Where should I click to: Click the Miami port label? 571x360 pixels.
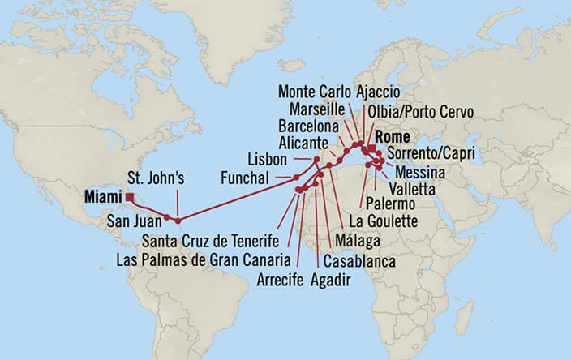coord(103,196)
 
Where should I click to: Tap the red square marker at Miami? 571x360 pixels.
coord(130,196)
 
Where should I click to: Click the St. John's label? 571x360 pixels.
coord(158,178)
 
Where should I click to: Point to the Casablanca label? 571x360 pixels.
coord(359,261)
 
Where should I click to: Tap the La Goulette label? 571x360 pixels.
coord(382,221)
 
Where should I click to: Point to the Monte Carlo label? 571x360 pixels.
coord(312,90)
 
